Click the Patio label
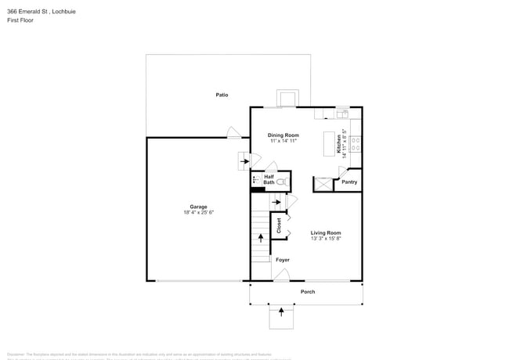tap(222, 95)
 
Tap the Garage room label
tap(198, 207)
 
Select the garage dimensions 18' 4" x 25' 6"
tap(198, 212)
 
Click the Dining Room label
tap(283, 135)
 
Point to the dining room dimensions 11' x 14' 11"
tap(283, 141)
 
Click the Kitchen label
tap(339, 143)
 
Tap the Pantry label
tap(349, 182)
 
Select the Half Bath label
tap(269, 180)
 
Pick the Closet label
tap(279, 225)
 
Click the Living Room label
tap(326, 232)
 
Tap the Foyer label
tap(282, 260)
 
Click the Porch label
tap(308, 292)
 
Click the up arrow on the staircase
tap(261, 236)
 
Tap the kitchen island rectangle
tap(329, 144)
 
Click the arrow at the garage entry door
tap(244, 161)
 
